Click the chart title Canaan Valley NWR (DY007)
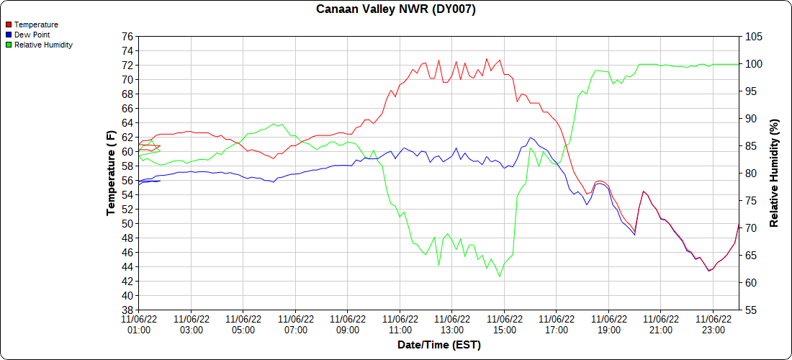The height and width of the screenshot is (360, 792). (x=396, y=9)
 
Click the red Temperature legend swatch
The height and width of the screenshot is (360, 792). (x=9, y=24)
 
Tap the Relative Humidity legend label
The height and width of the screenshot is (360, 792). (x=43, y=45)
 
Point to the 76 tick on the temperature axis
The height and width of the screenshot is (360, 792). (x=127, y=37)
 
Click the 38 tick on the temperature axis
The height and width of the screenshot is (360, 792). (x=127, y=310)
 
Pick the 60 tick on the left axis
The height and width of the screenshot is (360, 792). (x=127, y=152)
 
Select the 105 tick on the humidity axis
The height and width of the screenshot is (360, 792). (x=752, y=37)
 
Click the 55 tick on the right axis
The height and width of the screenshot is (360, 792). (x=750, y=310)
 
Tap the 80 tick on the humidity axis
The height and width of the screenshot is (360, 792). (x=750, y=174)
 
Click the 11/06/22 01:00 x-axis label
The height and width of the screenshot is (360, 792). (x=139, y=324)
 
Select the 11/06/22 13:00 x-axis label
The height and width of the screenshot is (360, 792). (x=452, y=324)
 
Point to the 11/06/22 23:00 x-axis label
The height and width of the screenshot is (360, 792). (x=713, y=324)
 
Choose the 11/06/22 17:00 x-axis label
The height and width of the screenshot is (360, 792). (x=557, y=324)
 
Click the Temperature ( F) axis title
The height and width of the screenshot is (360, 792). (x=111, y=173)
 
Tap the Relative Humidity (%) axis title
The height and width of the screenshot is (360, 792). (x=774, y=173)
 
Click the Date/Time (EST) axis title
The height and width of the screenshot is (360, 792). (x=438, y=345)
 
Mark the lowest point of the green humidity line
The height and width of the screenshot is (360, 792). (x=500, y=276)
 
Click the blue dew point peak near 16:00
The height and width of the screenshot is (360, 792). (x=531, y=138)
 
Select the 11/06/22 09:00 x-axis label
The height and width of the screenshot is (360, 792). (x=348, y=324)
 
